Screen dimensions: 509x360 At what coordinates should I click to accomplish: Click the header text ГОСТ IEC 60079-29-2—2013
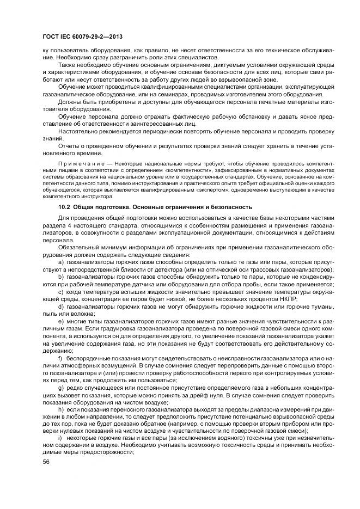click(82, 37)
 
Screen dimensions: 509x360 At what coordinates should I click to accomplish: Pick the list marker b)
click(61, 277)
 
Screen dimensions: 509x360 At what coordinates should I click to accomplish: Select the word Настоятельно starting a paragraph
click(77, 131)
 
